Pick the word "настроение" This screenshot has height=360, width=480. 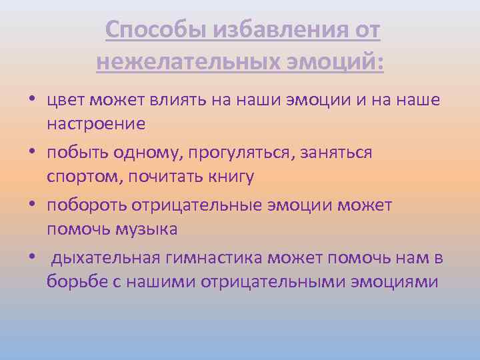pyautogui.click(x=96, y=124)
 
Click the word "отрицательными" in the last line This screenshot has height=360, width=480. pyautogui.click(x=277, y=281)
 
